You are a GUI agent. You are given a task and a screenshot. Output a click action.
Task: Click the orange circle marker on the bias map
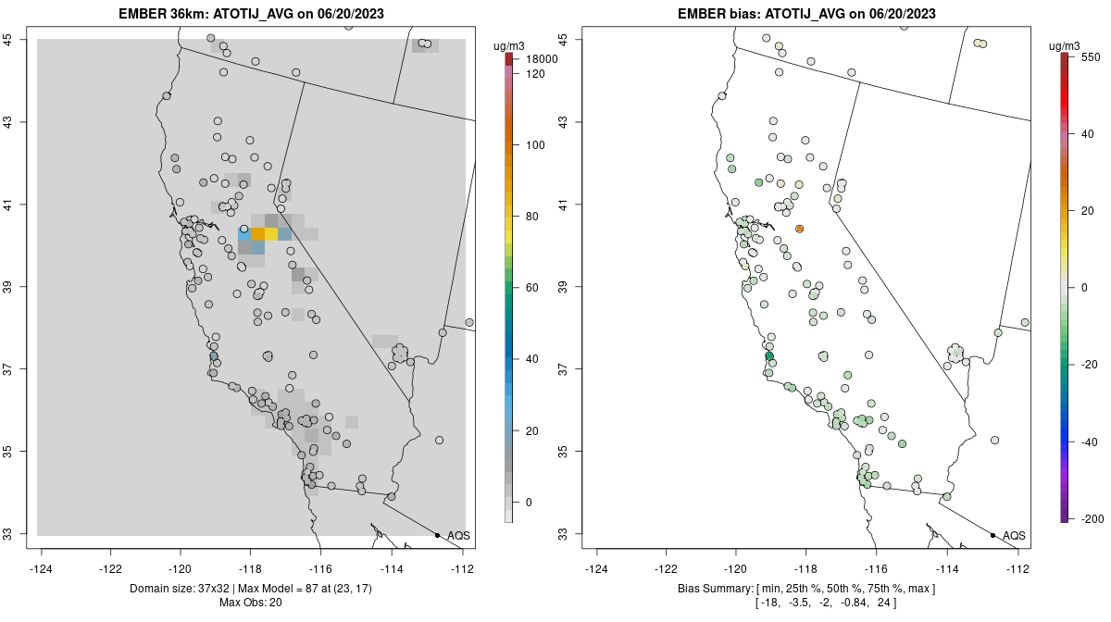[799, 229]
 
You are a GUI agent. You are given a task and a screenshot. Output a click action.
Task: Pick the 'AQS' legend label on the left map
[458, 535]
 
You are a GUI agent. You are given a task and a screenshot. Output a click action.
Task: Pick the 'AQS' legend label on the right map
[1014, 535]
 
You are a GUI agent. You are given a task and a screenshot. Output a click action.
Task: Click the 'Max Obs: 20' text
[250, 603]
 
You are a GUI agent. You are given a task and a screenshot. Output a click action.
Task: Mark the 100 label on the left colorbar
[535, 145]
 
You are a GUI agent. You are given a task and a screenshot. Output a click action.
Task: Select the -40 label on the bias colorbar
[1089, 442]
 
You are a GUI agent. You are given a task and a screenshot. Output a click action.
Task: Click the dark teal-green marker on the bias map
[768, 356]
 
